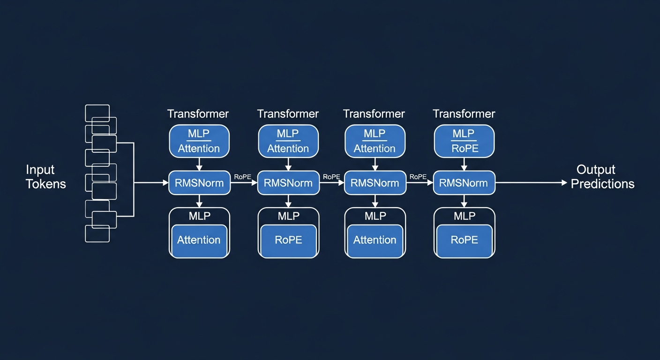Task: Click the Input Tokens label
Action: point(46,177)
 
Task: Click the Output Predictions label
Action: point(602,177)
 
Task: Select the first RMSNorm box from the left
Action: point(199,183)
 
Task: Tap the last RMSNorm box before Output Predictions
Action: point(464,183)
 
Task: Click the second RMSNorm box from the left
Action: point(288,183)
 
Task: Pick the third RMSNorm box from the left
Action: point(375,183)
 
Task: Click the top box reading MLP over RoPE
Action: point(464,141)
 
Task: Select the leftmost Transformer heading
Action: point(198,114)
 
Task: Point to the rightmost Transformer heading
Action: point(464,114)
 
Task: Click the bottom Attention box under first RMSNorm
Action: point(199,240)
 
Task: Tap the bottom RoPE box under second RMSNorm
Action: point(288,240)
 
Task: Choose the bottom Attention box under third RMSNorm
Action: point(375,240)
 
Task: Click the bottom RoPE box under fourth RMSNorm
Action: point(464,240)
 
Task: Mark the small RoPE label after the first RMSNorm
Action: point(242,177)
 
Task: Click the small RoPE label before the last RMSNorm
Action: point(418,177)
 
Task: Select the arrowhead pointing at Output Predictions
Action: point(564,183)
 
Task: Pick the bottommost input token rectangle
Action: point(97,233)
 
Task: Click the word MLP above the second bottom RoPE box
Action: point(288,216)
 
